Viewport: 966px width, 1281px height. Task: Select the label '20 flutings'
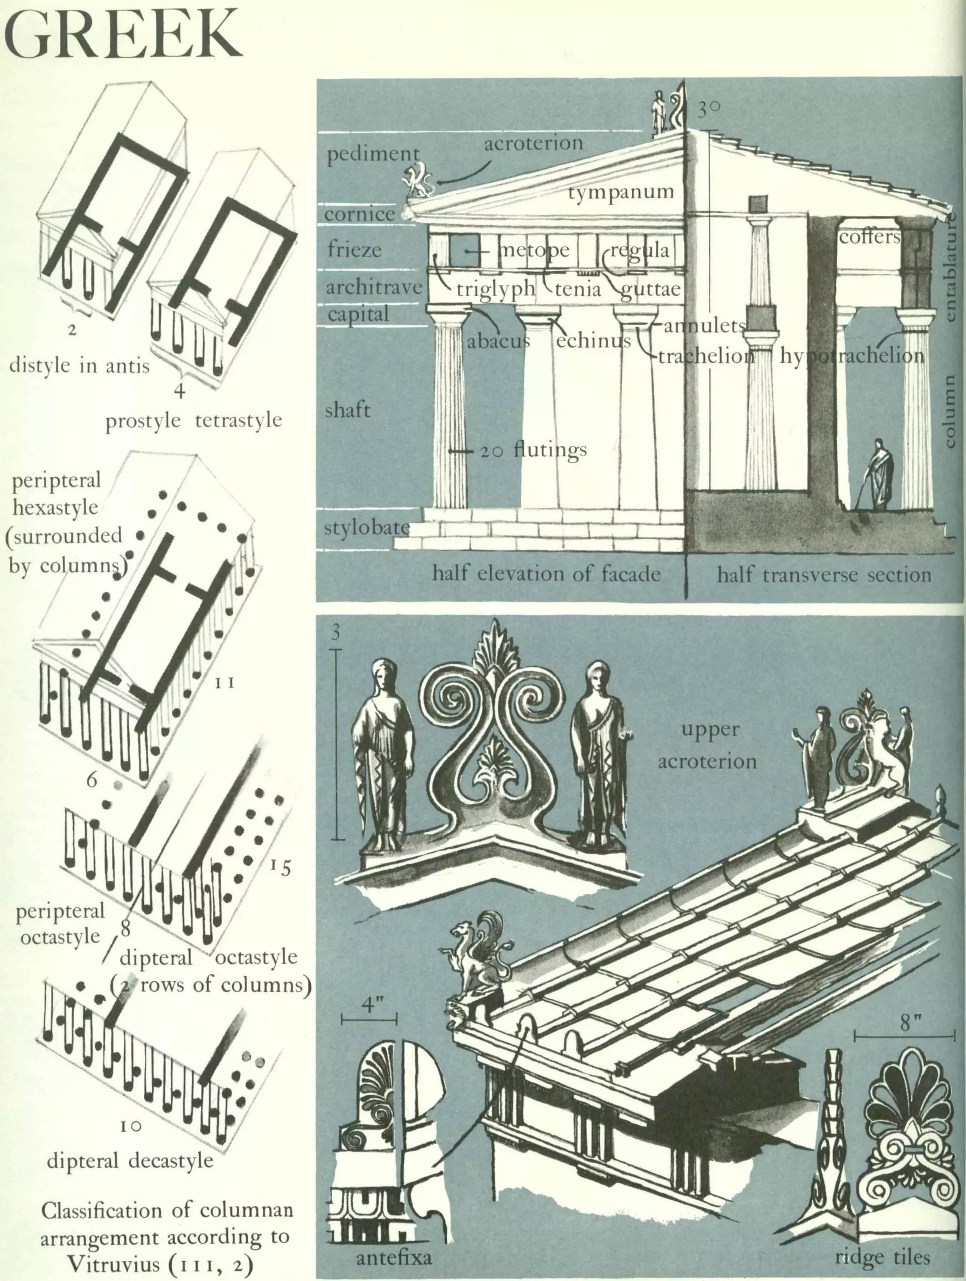point(533,450)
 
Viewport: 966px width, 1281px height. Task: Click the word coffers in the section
point(869,236)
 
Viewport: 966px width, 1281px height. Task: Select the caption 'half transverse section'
point(824,575)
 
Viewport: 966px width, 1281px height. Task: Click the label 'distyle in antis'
point(79,365)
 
